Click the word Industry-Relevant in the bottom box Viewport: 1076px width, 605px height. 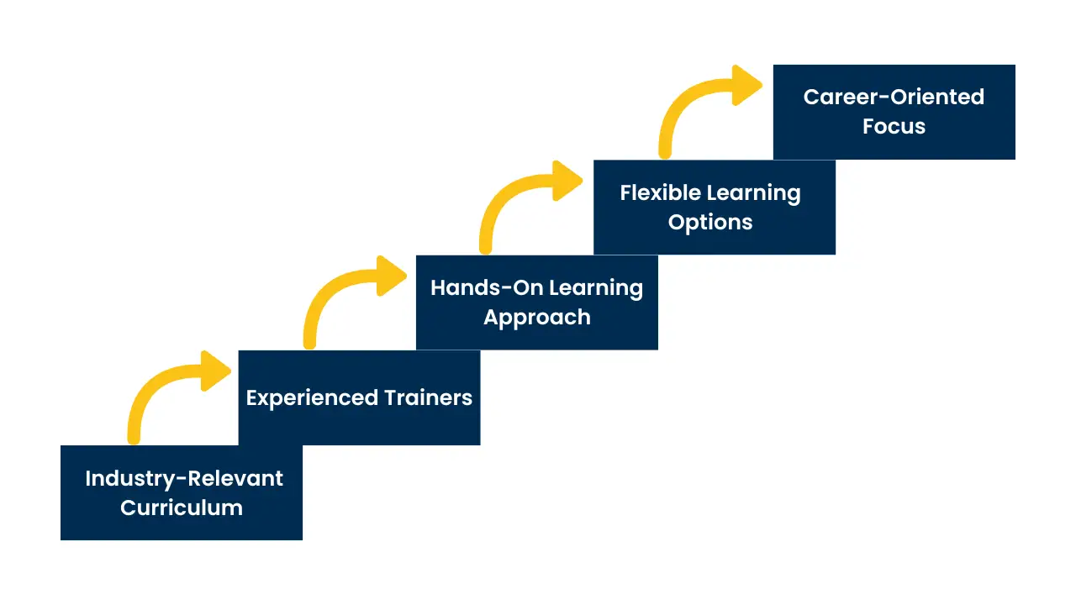click(183, 479)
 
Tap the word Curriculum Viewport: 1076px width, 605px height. click(182, 508)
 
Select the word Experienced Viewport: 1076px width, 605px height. click(312, 397)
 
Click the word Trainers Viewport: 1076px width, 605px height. click(429, 397)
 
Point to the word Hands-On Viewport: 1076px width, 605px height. click(477, 288)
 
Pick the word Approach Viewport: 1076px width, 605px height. click(537, 318)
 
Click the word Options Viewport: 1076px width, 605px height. click(710, 223)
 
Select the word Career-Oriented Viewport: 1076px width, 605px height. click(894, 97)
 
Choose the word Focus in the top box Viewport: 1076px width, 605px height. click(894, 127)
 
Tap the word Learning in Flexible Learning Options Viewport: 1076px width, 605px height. click(753, 193)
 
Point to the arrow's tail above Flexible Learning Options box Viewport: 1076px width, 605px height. click(666, 150)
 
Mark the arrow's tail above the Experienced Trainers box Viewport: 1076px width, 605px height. click(309, 339)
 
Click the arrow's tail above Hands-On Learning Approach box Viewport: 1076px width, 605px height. click(486, 245)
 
